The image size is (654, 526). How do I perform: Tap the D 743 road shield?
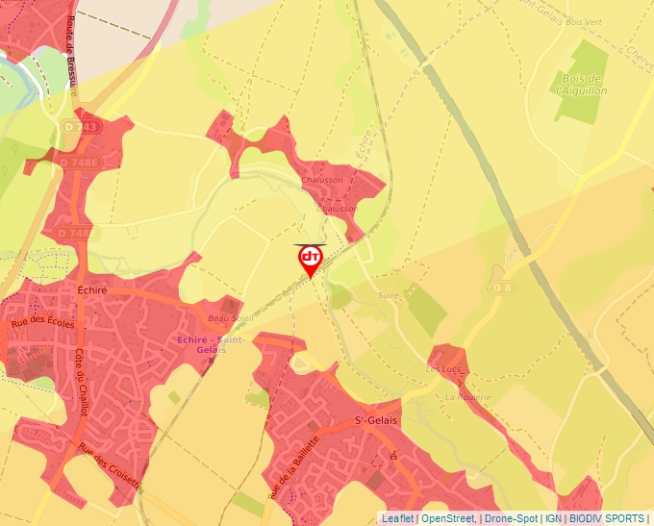[80, 127]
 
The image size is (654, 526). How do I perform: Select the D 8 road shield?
[502, 288]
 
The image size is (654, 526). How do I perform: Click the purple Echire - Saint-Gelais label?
[211, 344]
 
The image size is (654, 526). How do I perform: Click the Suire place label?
[389, 295]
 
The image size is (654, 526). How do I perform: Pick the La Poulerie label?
[468, 396]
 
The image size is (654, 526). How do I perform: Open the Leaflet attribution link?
[397, 518]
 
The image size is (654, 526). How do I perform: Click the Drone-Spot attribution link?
[510, 518]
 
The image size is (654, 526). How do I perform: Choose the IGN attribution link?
[553, 518]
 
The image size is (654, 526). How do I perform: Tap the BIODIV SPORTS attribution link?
[607, 518]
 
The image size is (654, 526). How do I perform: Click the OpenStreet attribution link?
[449, 518]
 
